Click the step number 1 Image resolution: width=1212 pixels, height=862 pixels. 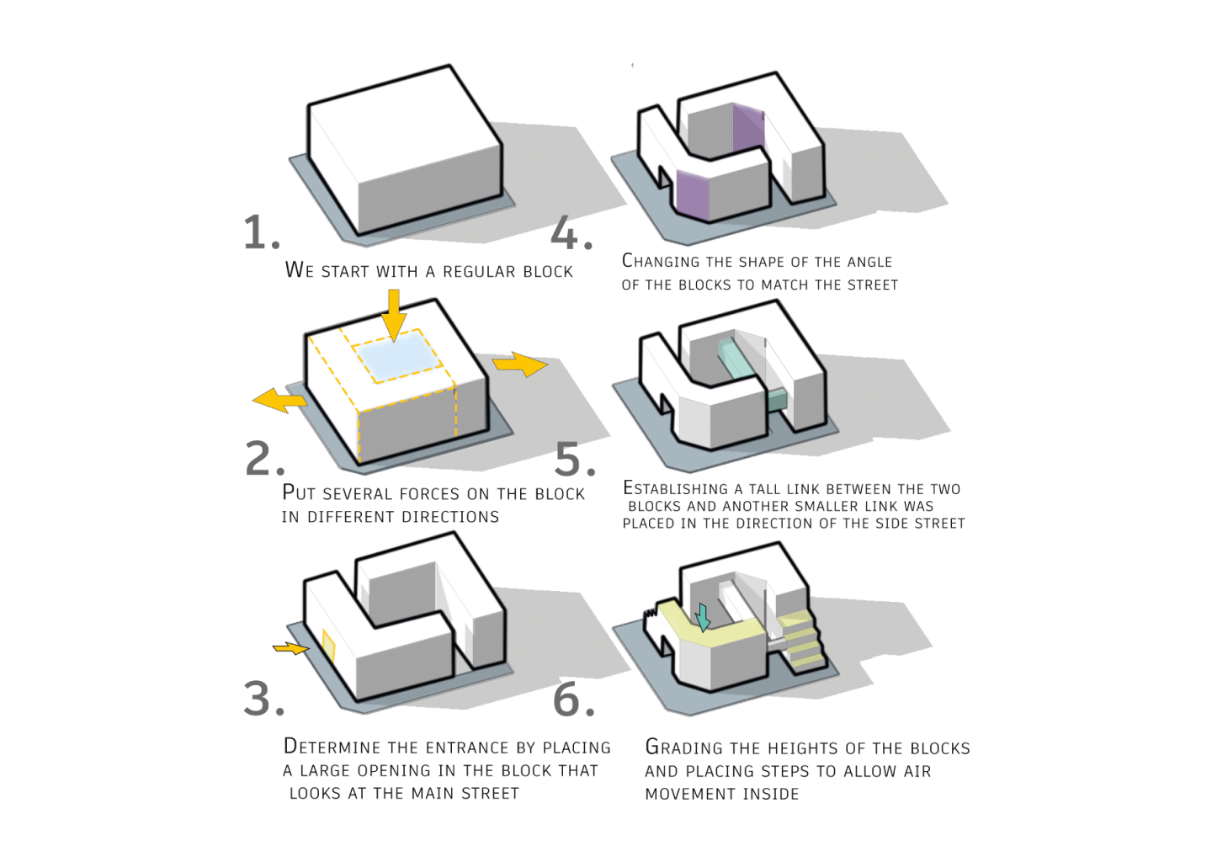click(261, 232)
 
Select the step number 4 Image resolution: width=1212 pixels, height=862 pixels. click(571, 232)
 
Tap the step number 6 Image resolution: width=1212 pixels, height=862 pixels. click(574, 699)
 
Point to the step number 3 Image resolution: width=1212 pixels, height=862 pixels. click(263, 699)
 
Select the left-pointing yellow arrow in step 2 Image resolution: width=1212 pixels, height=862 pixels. click(279, 401)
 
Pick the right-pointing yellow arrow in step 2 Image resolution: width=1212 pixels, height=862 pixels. click(520, 364)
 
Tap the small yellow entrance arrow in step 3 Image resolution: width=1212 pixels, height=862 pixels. click(290, 647)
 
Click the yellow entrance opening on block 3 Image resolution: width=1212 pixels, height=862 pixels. click(328, 646)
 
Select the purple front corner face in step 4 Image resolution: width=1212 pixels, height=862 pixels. click(693, 195)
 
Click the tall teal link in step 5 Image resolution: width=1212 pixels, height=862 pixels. click(734, 357)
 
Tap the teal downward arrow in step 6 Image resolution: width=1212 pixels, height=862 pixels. click(702, 618)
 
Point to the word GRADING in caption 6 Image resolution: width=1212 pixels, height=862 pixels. click(684, 748)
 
